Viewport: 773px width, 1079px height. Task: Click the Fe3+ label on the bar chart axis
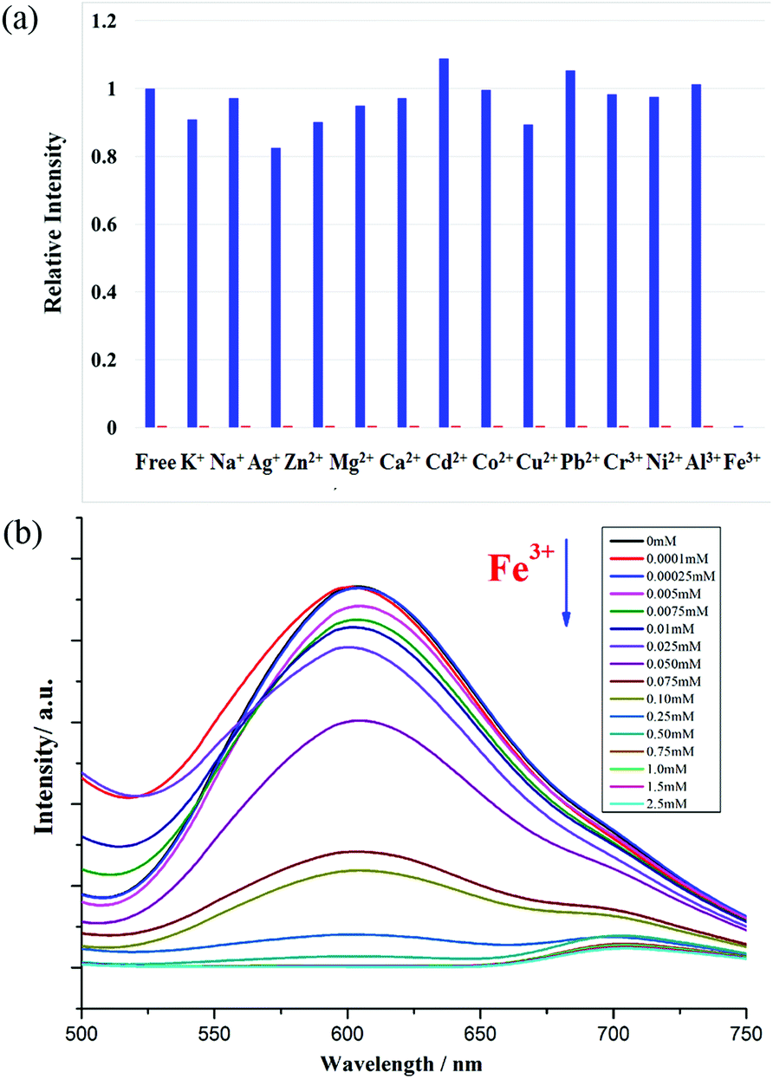pos(742,462)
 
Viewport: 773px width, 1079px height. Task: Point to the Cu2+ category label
pos(536,462)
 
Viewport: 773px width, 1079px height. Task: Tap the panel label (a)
pos(19,20)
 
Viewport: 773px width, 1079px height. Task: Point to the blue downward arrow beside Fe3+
pos(566,582)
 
